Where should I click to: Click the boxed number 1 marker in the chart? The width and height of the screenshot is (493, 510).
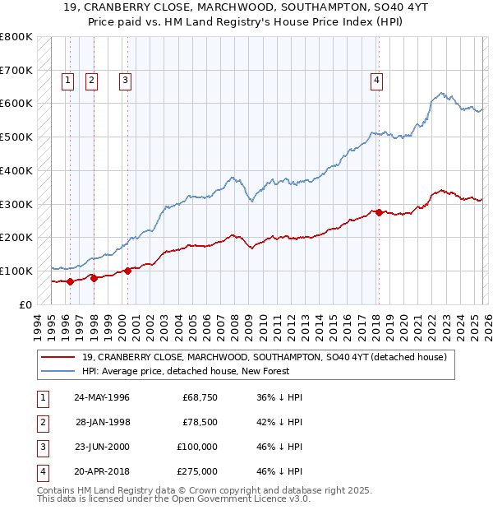(67, 80)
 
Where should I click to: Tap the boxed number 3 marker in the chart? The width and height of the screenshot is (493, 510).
(125, 80)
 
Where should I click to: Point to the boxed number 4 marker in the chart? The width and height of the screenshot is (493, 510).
(376, 80)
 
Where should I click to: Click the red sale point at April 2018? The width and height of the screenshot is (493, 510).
(379, 212)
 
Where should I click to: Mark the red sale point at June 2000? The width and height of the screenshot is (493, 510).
(128, 271)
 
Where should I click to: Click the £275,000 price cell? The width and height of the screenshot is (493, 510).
(197, 471)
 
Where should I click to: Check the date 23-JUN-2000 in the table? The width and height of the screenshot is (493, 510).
(102, 447)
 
